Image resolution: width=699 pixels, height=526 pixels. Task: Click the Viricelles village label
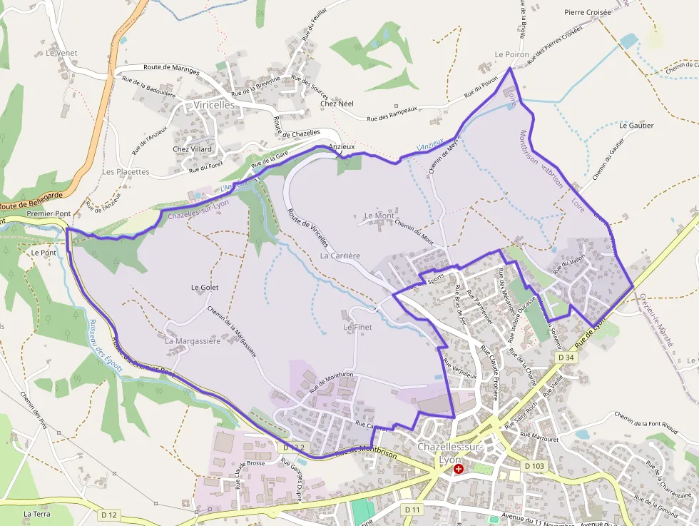tap(214, 105)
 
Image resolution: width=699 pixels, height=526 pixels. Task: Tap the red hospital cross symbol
tap(459, 469)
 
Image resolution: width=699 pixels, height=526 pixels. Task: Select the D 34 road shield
tap(566, 356)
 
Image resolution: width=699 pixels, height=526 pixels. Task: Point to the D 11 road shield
tap(412, 510)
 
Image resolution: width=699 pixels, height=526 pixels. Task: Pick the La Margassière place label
tap(193, 341)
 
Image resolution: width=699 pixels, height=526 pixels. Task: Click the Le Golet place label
tap(205, 288)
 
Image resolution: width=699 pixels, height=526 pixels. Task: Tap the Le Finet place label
tap(357, 328)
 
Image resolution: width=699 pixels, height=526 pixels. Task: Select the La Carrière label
tap(340, 256)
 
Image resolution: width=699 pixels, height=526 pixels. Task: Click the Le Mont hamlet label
tap(379, 216)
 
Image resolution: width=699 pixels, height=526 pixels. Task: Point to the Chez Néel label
tap(337, 103)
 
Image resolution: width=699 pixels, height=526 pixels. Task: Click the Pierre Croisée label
tap(588, 12)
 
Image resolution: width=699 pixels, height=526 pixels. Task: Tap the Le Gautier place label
tap(636, 126)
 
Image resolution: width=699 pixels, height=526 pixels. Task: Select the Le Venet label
tap(61, 53)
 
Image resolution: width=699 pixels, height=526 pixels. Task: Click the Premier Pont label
tap(49, 213)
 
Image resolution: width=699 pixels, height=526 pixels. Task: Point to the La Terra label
tap(36, 514)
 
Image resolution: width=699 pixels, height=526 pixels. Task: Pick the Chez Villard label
tap(193, 149)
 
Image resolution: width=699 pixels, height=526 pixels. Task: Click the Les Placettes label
tap(126, 172)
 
